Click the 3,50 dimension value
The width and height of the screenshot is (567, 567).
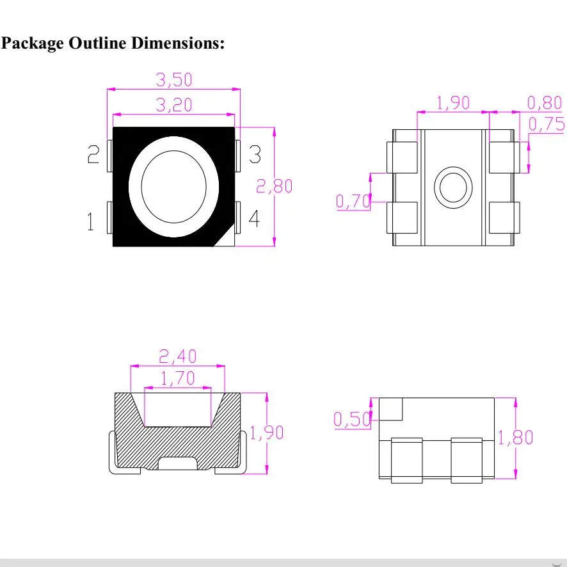[174, 79]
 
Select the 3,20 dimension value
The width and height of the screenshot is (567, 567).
[174, 105]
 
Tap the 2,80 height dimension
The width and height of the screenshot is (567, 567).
[274, 186]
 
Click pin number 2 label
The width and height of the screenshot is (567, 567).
[93, 154]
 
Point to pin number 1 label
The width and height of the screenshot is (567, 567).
[91, 221]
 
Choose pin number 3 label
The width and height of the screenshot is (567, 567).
[255, 154]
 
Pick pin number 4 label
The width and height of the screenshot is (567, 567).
[254, 218]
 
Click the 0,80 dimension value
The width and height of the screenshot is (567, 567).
[545, 102]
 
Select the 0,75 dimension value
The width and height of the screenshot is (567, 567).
[547, 124]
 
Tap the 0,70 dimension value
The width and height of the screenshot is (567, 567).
[353, 201]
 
